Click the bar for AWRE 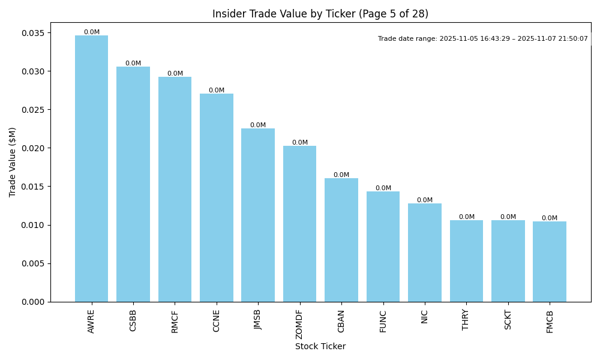tap(91, 168)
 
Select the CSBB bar tap(133, 184)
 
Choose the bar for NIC tap(425, 252)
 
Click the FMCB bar tap(550, 262)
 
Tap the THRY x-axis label tap(466, 320)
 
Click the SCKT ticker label tap(508, 320)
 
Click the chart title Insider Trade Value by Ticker tap(320, 14)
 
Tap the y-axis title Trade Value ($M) tap(13, 162)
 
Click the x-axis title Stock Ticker tap(320, 346)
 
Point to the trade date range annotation tap(482, 39)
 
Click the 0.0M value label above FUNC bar tap(383, 188)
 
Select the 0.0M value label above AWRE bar tap(92, 32)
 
